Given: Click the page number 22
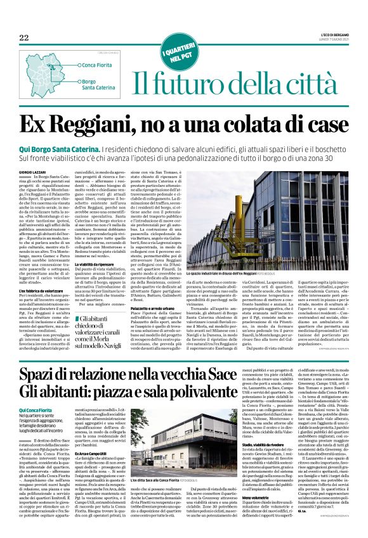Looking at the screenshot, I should coord(24,38).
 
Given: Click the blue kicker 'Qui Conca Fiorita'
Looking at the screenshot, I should coord(53,411).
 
